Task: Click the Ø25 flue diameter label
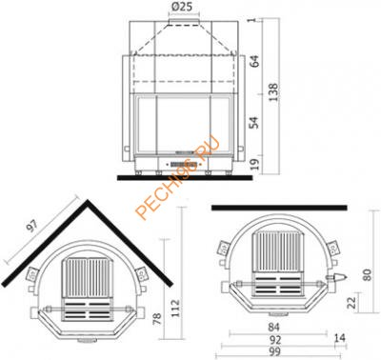184,6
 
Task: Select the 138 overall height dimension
273,92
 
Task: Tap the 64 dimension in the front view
254,61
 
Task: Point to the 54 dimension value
254,122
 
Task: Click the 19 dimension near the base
255,164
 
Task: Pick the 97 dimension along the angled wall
32,226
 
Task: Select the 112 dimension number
175,309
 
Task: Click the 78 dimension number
157,319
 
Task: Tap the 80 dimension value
367,275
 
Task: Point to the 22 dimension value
351,302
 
